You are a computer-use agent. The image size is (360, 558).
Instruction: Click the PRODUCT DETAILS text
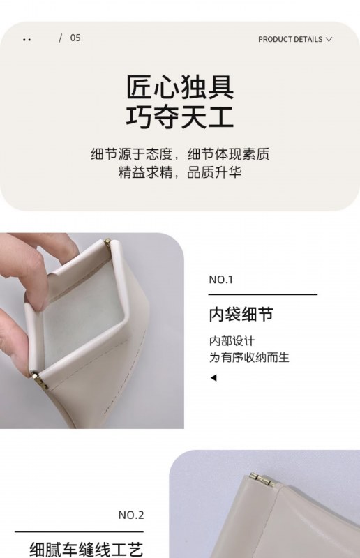[290, 40]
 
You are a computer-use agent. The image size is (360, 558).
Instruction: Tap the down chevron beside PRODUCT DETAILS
[329, 40]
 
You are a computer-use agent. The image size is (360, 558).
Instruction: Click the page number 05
[75, 38]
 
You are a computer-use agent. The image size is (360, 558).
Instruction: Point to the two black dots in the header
[27, 40]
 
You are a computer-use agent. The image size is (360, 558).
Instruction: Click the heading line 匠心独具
[180, 87]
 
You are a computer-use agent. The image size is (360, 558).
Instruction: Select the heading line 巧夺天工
[180, 116]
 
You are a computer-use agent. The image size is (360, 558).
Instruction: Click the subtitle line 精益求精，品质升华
[180, 172]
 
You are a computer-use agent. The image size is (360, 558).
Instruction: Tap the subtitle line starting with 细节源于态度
[180, 154]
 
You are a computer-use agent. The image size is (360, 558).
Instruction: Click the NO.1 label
[220, 280]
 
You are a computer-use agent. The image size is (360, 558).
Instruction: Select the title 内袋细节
[241, 315]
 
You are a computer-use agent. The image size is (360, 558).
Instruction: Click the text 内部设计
[232, 341]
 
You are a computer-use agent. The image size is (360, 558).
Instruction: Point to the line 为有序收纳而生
[249, 357]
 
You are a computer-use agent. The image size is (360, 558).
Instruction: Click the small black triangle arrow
[213, 377]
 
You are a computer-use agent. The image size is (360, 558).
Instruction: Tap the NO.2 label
[131, 515]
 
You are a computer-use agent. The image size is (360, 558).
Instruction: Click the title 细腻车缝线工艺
[87, 549]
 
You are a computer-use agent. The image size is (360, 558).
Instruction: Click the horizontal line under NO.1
[263, 294]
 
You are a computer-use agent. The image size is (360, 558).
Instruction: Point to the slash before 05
[60, 38]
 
